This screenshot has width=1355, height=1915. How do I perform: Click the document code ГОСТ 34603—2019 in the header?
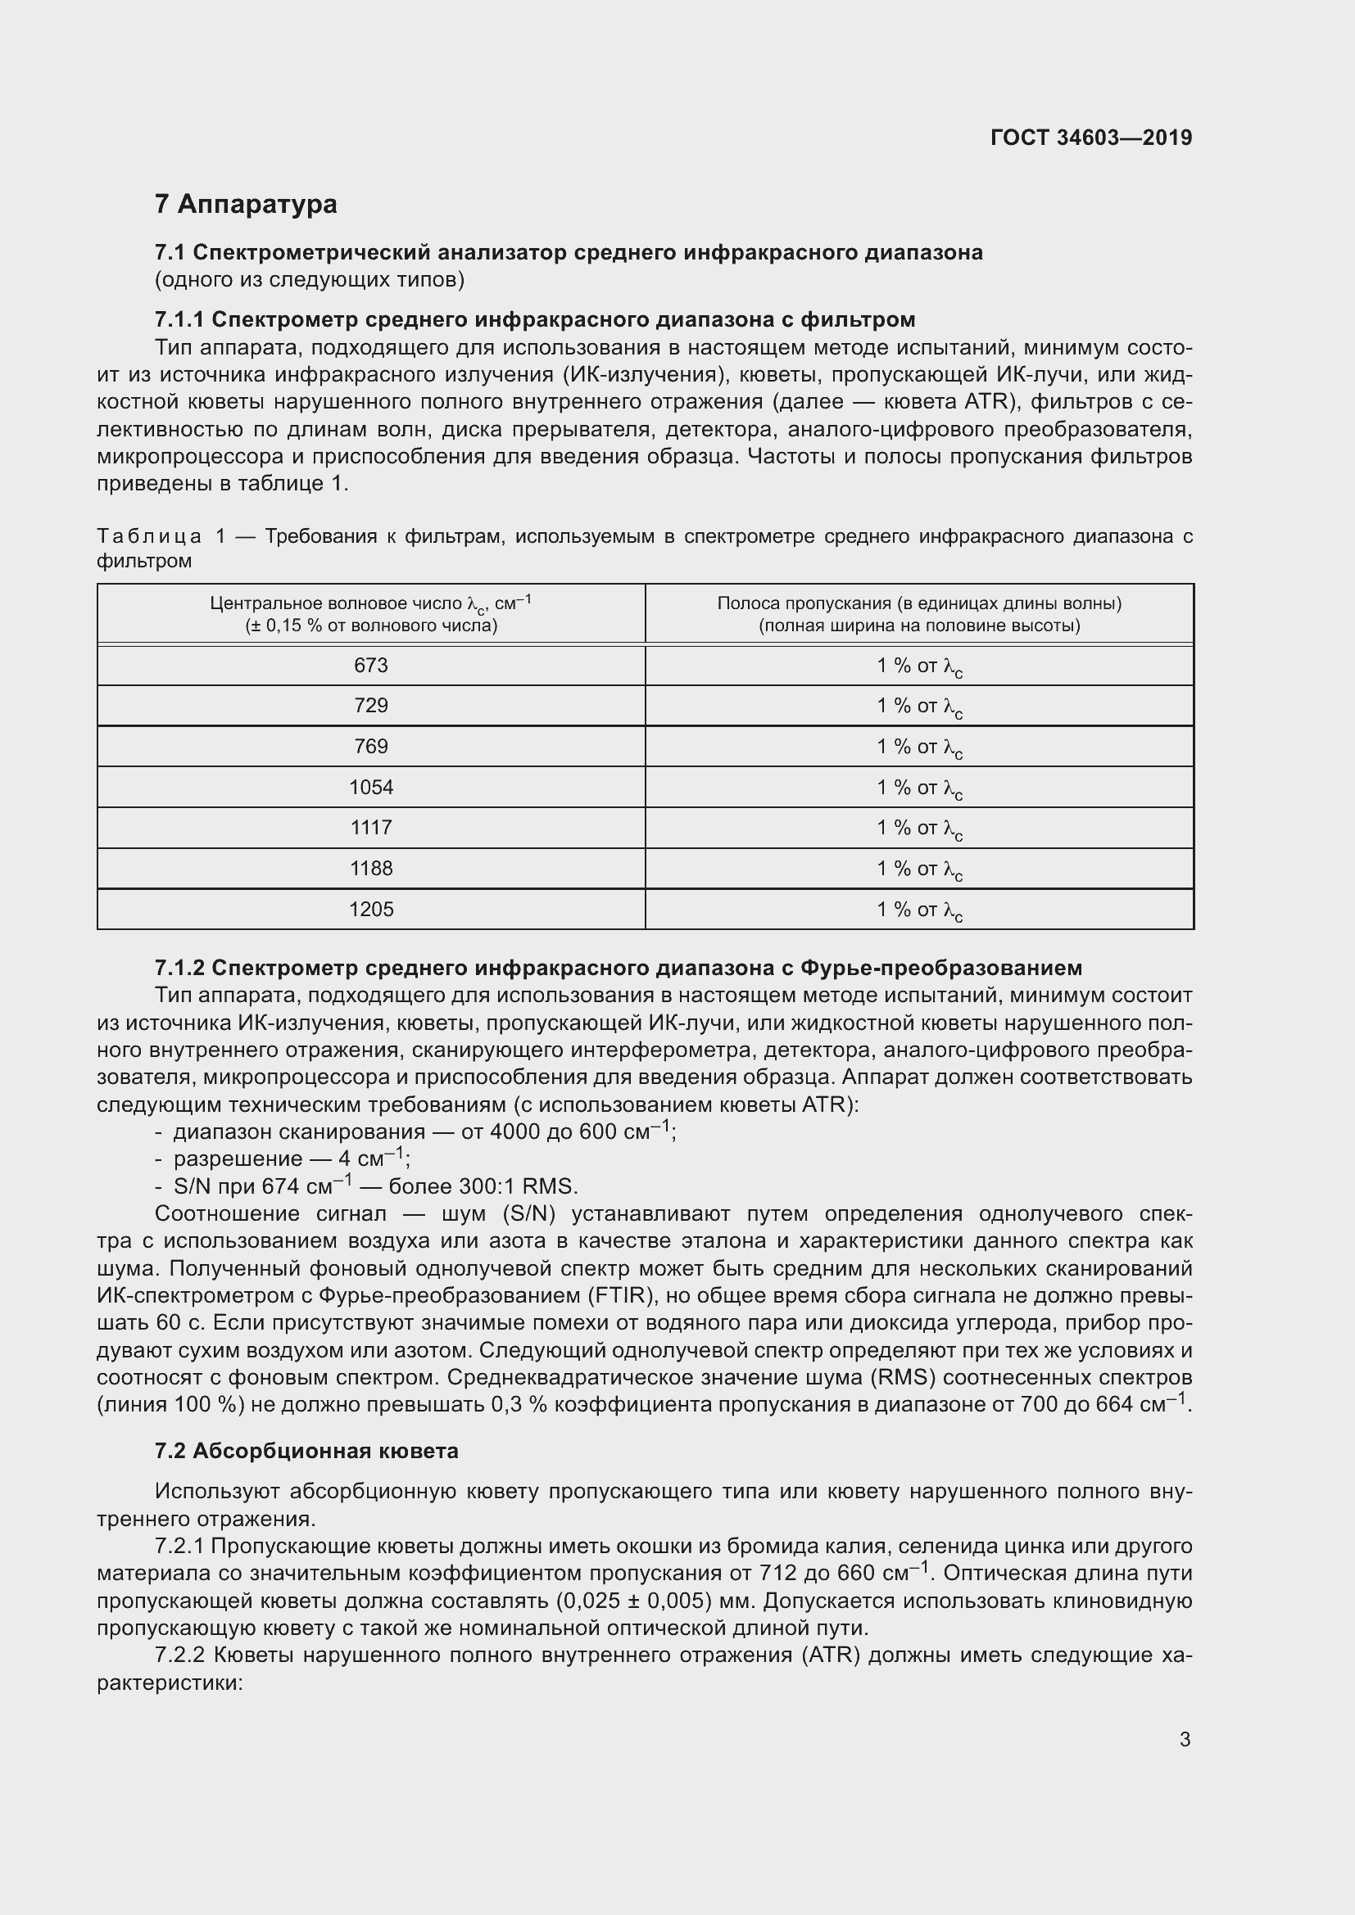pyautogui.click(x=1090, y=138)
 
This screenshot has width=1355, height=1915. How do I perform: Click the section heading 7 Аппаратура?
pyautogui.click(x=246, y=204)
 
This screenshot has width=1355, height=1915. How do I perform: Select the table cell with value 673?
pyautogui.click(x=370, y=666)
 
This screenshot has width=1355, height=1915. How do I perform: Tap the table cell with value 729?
pyautogui.click(x=370, y=706)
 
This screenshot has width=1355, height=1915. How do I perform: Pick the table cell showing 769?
pyautogui.click(x=370, y=747)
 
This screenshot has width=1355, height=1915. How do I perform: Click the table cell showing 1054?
pyautogui.click(x=370, y=788)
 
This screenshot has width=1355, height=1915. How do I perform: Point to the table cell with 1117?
pyautogui.click(x=370, y=828)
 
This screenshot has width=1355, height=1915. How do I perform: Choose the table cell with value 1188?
pyautogui.click(x=370, y=868)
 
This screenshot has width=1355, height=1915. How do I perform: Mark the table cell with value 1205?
pyautogui.click(x=370, y=909)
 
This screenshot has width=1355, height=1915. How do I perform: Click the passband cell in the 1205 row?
pyautogui.click(x=918, y=910)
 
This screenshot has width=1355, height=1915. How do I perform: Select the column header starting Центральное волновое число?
pyautogui.click(x=370, y=614)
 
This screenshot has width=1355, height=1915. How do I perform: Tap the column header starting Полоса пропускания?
pyautogui.click(x=918, y=614)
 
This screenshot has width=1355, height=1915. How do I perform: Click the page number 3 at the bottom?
pyautogui.click(x=1185, y=1740)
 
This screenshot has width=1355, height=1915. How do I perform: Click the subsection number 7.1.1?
pyautogui.click(x=179, y=319)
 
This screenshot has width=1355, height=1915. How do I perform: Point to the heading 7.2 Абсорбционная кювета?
pyautogui.click(x=306, y=1452)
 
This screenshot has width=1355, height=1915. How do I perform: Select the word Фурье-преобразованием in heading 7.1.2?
pyautogui.click(x=940, y=968)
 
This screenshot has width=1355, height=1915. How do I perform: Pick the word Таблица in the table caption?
pyautogui.click(x=149, y=536)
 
